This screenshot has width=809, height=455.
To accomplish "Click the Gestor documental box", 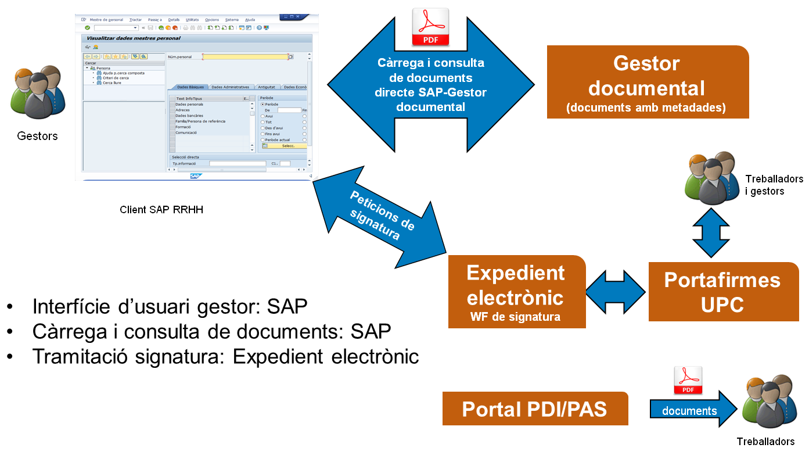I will (x=648, y=82).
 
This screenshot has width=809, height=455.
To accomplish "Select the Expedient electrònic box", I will (x=516, y=291).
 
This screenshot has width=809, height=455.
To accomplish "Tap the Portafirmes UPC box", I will (x=723, y=291).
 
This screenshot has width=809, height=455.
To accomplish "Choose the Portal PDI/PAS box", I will (x=535, y=409).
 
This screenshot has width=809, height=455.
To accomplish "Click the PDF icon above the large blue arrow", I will (x=430, y=27).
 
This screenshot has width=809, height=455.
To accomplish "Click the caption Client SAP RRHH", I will (x=161, y=210).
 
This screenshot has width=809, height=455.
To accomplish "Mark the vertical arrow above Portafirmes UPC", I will (x=711, y=232).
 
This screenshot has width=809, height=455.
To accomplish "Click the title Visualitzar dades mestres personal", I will (x=133, y=38).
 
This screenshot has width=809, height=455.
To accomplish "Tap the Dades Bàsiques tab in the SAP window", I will (x=187, y=87).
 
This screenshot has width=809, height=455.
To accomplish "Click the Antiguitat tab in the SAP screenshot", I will (x=267, y=87).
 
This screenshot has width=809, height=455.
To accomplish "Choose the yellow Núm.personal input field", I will (x=245, y=57).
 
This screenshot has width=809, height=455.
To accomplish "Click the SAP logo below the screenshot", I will (x=196, y=176).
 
